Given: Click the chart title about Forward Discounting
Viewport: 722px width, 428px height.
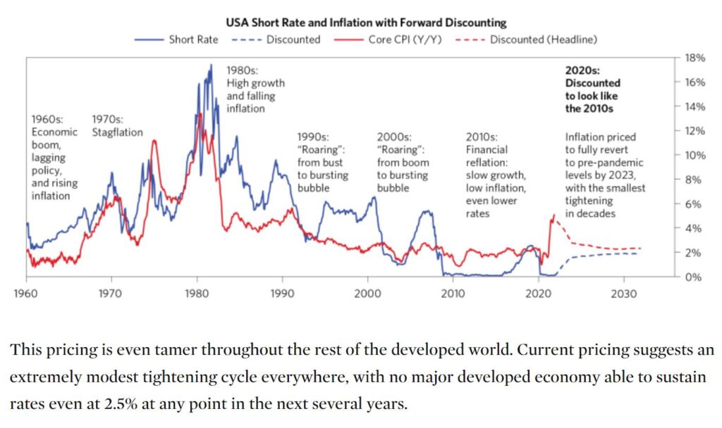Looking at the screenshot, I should (x=365, y=23).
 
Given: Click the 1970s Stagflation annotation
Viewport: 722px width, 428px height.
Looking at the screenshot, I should (x=117, y=126).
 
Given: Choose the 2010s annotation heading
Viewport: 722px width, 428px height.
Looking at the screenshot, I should (x=483, y=137).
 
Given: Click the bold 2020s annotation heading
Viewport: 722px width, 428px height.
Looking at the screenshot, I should (x=582, y=70).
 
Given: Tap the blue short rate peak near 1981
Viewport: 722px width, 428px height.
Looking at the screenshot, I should (x=210, y=65).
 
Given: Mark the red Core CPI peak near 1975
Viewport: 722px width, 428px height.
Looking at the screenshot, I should (x=154, y=141).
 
